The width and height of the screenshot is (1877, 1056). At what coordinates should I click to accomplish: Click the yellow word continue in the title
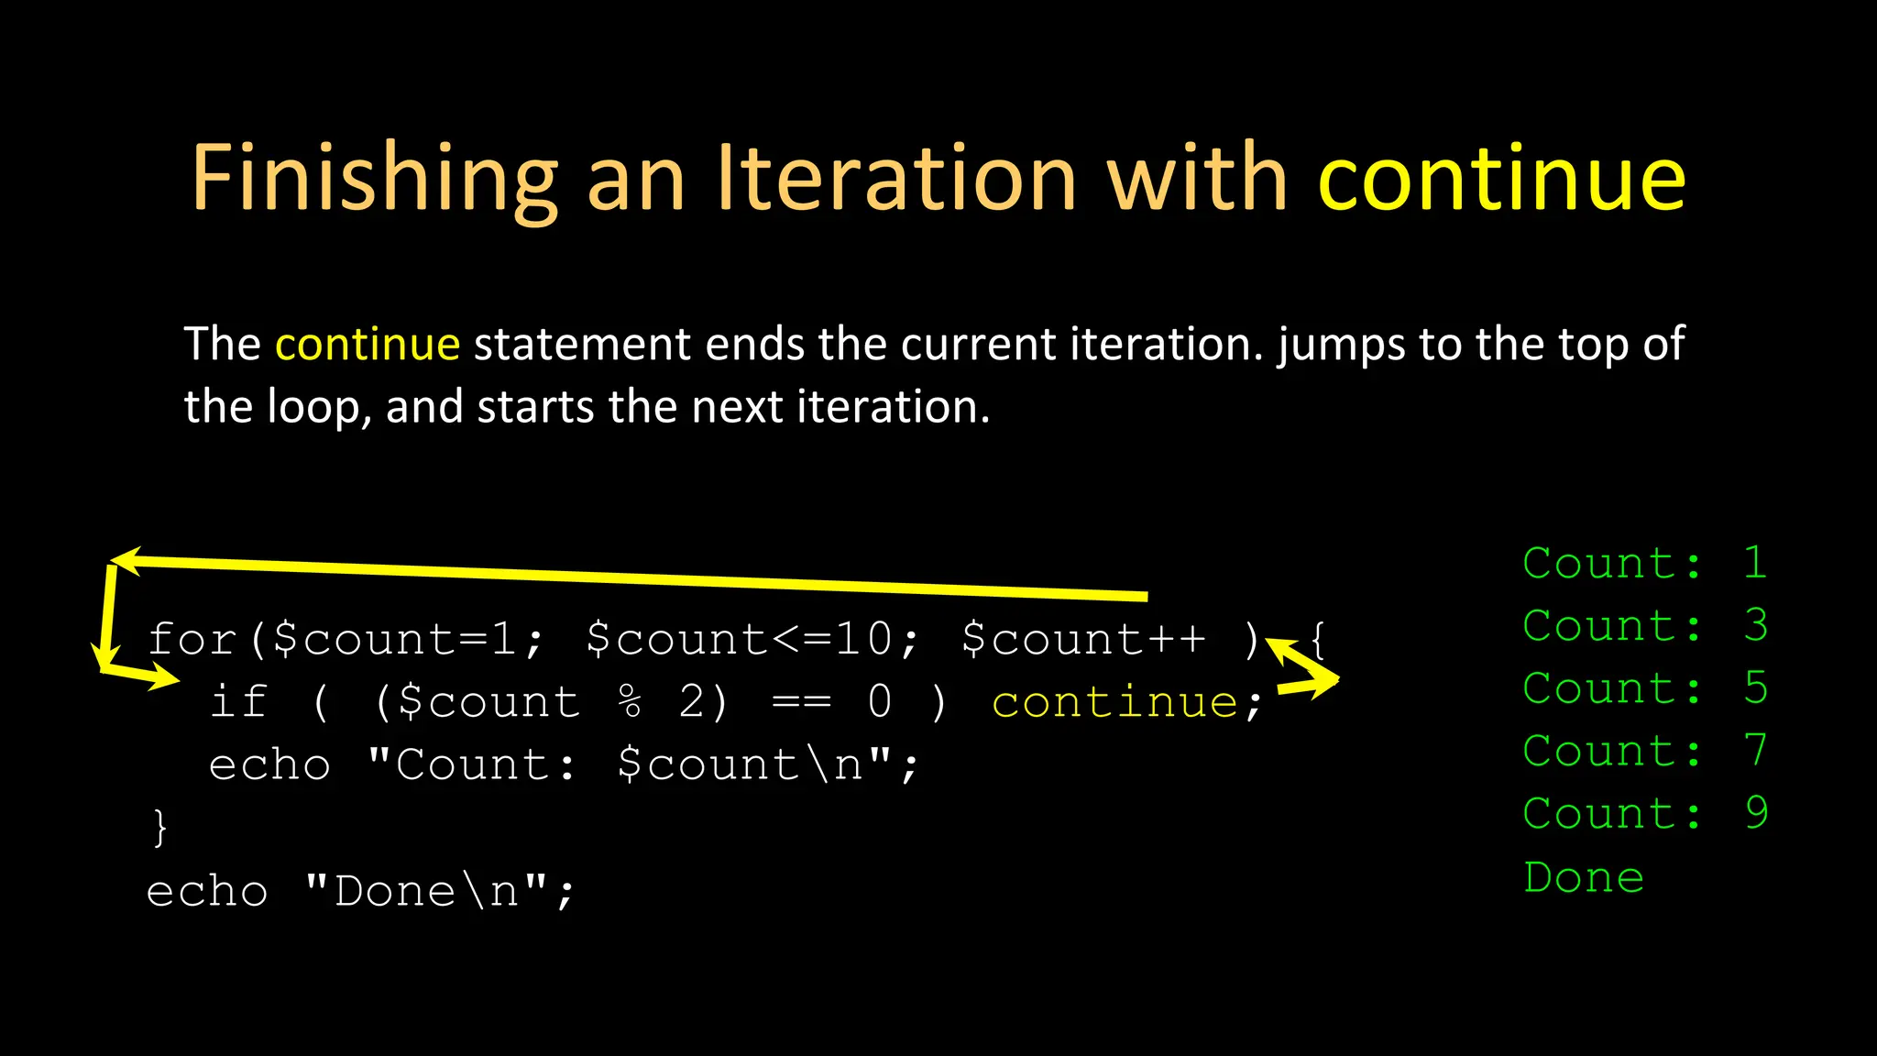(x=1501, y=179)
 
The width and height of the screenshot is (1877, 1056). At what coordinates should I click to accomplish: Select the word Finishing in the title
(x=374, y=179)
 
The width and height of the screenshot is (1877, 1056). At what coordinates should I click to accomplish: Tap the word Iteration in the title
(x=895, y=179)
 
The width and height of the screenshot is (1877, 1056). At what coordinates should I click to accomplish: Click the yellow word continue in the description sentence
(x=368, y=345)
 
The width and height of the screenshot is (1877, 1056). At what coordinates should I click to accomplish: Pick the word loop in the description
(x=313, y=407)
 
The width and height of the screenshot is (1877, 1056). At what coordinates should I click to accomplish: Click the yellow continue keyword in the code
(x=1114, y=703)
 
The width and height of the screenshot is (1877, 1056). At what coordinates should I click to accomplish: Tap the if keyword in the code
(x=239, y=702)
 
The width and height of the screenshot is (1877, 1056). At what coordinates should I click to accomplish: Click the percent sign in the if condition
(x=631, y=703)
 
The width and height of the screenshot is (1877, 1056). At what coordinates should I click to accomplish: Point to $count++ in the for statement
(x=1083, y=639)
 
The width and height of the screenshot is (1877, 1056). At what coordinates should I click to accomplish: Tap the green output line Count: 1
(x=1644, y=563)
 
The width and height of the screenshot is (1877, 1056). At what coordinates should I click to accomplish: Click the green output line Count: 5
(x=1644, y=688)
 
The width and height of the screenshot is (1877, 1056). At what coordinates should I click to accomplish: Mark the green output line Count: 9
(x=1644, y=814)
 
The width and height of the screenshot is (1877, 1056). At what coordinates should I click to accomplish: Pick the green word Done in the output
(x=1584, y=877)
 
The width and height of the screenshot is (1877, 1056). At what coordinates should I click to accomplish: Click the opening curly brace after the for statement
(x=1318, y=639)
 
